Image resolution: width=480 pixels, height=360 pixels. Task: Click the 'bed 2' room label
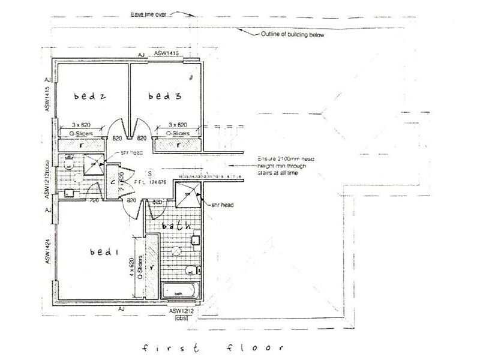tap(89, 97)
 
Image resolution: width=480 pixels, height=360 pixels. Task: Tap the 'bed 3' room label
tap(160, 97)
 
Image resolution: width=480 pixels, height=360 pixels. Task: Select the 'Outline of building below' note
tap(293, 35)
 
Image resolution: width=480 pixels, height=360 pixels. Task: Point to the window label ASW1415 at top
tap(168, 54)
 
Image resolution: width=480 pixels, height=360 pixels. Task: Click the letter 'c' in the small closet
tap(112, 184)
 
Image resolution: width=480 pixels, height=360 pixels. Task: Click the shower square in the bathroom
tap(187, 193)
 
